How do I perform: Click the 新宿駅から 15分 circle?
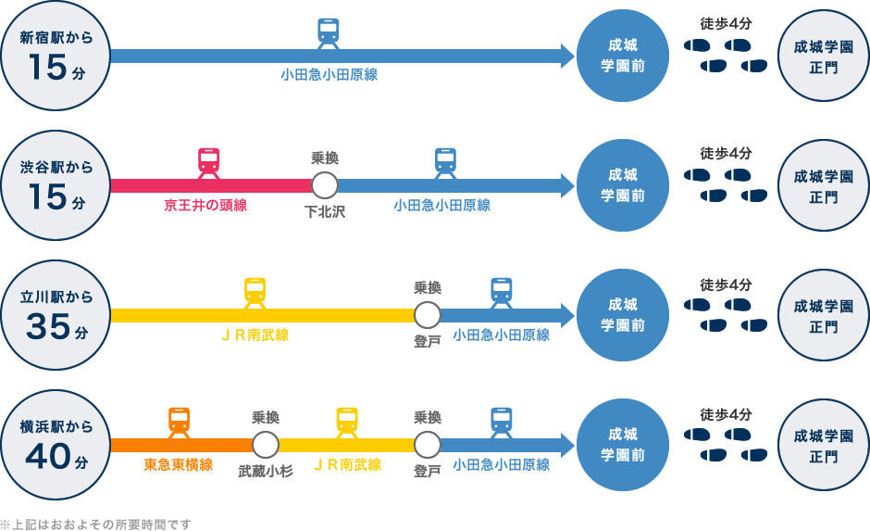coord(56,56)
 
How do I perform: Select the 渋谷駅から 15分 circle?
coord(56,185)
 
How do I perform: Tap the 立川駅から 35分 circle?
coord(56,315)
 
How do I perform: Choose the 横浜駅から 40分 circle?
coord(56,445)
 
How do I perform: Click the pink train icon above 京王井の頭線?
coord(209,163)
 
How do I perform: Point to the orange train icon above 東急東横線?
coord(180,423)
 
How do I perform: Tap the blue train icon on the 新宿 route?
coord(329,33)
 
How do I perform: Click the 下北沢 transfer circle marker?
coord(325,185)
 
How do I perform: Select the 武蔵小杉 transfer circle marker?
coord(266,445)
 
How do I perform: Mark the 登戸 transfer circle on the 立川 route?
coord(428,315)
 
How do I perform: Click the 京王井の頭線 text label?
coord(205,206)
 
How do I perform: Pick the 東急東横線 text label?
coord(179,465)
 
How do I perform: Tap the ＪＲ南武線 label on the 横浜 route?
coord(347,465)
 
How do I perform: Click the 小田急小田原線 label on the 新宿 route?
coord(329,75)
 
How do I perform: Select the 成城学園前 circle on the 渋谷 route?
coord(623,185)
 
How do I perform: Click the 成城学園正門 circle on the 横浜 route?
coord(824,445)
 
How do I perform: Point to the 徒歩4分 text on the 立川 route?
coord(726,284)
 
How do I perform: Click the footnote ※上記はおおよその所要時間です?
coord(96,525)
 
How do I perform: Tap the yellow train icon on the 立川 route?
coord(255,293)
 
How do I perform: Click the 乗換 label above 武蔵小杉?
coord(266,418)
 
